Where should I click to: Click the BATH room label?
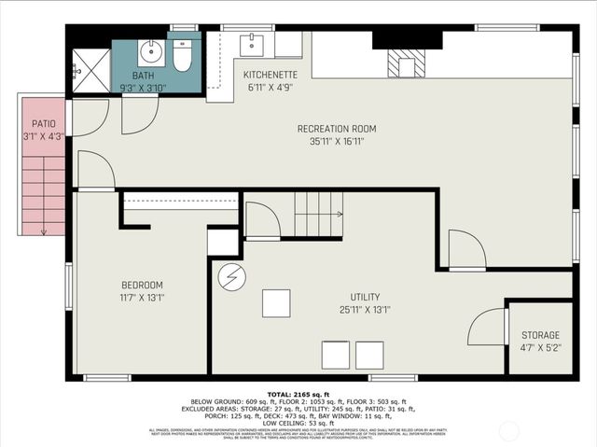143,76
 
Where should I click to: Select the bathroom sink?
151,50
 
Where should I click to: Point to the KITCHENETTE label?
270,74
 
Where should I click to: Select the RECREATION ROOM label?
337,129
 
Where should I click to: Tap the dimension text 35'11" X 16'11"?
337,143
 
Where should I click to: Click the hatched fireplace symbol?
407,63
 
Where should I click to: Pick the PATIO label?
44,123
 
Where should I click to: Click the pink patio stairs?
44,196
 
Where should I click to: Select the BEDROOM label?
142,285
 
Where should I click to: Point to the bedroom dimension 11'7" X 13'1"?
142,299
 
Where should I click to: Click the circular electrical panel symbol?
230,277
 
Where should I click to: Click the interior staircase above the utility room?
318,215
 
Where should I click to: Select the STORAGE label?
540,335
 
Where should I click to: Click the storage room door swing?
487,328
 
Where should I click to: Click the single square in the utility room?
275,303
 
